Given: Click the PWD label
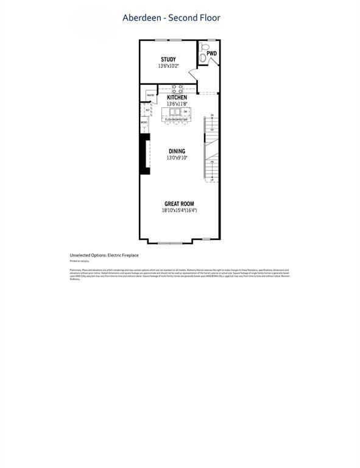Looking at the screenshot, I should (x=211, y=54).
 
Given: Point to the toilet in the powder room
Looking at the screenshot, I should (x=205, y=46).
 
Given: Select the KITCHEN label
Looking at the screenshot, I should (x=177, y=97).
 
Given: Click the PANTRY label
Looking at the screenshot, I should (x=150, y=95).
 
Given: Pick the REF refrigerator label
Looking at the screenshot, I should (x=147, y=110).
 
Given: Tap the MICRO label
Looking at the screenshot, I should (x=144, y=122).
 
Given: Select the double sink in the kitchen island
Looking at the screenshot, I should (x=172, y=112).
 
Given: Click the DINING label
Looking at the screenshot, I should (x=177, y=151).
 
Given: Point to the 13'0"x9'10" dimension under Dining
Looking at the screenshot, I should (x=177, y=158).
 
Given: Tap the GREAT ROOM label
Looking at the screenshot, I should (x=180, y=204).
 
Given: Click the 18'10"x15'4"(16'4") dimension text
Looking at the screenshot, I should (x=180, y=211).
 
